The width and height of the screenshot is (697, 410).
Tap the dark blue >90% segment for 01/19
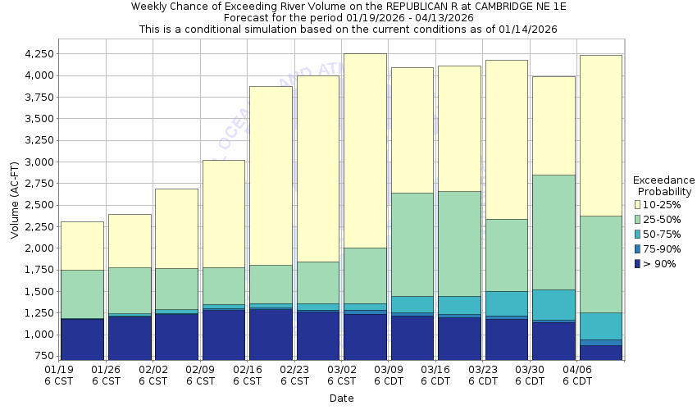[x=82, y=339]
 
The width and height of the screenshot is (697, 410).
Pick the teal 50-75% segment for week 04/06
[x=601, y=326]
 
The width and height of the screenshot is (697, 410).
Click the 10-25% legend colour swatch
[x=638, y=205]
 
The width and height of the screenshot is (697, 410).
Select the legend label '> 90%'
[x=660, y=264]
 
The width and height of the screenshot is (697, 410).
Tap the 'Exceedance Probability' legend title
[x=663, y=186]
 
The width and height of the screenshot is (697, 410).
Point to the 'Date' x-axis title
[x=341, y=399]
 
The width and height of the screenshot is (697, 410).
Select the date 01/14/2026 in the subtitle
[x=529, y=29]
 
